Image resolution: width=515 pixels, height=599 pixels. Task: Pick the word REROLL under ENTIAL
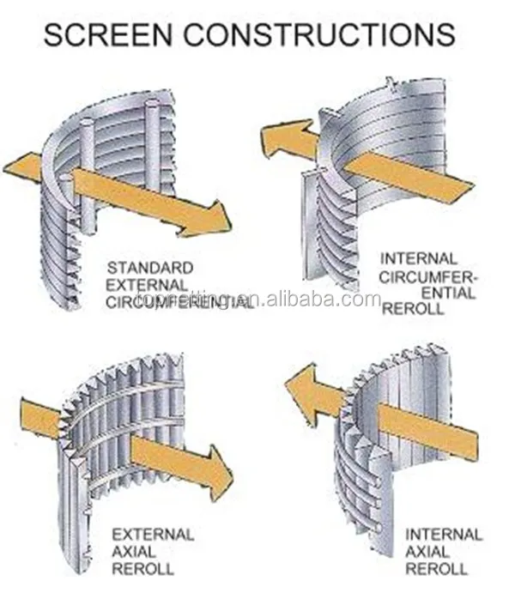coord(414,309)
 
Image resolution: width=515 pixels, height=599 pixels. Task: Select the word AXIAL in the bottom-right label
coord(426,552)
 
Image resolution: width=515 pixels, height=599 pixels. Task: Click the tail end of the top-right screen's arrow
coord(458,187)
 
